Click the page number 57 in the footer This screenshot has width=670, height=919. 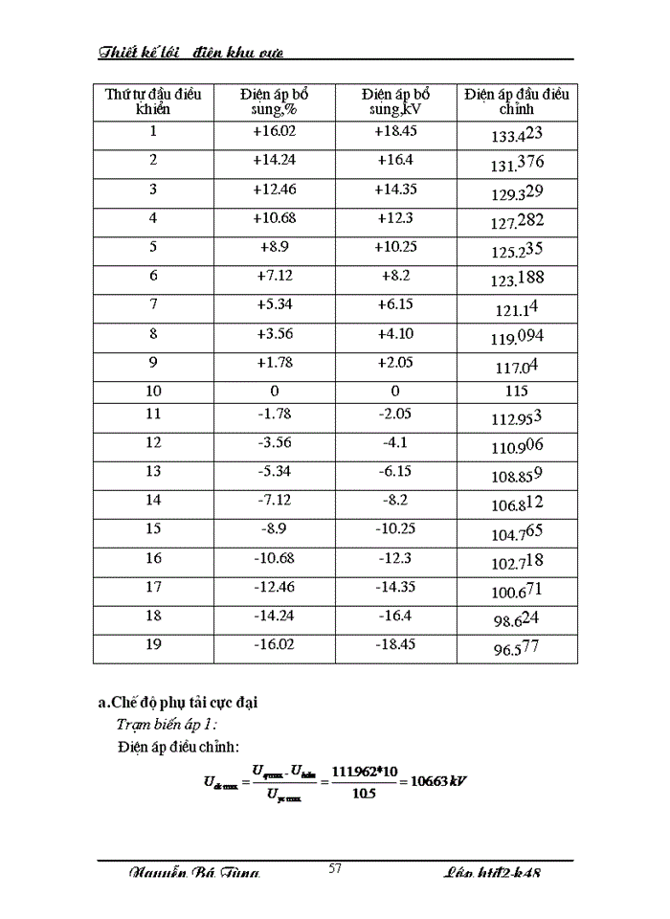click(x=335, y=868)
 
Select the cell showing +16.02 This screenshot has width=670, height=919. click(x=274, y=132)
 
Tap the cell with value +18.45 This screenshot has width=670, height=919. click(x=395, y=132)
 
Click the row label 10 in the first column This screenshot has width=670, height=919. click(x=153, y=392)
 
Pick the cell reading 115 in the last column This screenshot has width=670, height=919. click(x=517, y=392)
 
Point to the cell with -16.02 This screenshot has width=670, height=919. click(x=274, y=644)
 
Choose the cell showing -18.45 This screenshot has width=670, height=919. click(x=395, y=644)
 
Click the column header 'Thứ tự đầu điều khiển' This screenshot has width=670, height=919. click(x=153, y=101)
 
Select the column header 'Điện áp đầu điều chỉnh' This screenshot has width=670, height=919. click(x=517, y=101)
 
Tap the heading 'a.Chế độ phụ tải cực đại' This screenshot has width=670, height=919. click(x=178, y=703)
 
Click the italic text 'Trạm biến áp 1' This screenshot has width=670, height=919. click(x=167, y=724)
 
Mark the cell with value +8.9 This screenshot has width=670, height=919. click(x=274, y=247)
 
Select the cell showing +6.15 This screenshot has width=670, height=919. click(x=395, y=304)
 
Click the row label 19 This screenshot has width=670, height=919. click(x=153, y=644)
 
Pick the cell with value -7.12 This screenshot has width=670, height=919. click(x=274, y=501)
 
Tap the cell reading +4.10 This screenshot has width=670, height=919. click(x=395, y=333)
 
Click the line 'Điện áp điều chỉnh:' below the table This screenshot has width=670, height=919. click(x=178, y=745)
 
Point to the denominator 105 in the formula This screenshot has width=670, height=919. click(x=364, y=793)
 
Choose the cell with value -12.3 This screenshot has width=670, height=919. click(x=395, y=558)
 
